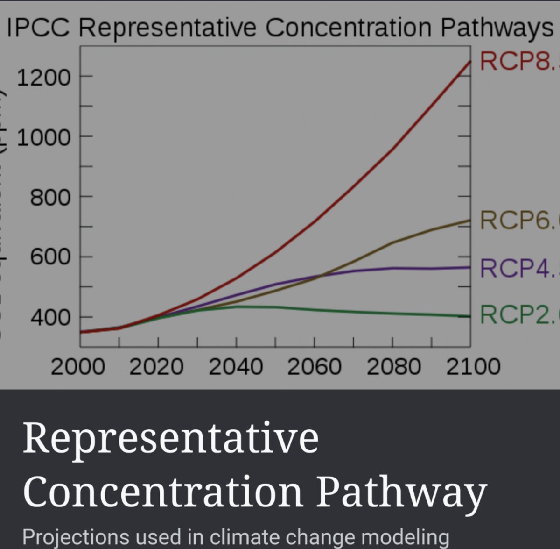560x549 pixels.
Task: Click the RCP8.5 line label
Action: [519, 61]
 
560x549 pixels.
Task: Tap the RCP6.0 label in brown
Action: [519, 220]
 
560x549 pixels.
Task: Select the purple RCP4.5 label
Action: [519, 268]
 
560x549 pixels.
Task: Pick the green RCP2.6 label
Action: [519, 314]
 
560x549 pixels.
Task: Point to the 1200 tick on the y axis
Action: [44, 77]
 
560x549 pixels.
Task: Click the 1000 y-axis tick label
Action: [44, 137]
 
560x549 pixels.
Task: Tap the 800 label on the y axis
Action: [50, 198]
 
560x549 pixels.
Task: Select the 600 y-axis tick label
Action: [50, 257]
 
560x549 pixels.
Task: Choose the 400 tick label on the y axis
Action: [50, 318]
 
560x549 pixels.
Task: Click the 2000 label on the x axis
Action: [78, 367]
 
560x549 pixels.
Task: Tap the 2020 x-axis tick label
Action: [156, 367]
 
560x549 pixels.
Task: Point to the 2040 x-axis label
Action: [236, 367]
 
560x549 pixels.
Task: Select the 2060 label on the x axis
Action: [314, 367]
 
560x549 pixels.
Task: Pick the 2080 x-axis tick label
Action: [393, 367]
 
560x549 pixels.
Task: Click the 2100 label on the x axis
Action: [473, 367]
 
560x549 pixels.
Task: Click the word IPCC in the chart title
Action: [38, 28]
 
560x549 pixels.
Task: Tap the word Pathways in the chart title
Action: [497, 28]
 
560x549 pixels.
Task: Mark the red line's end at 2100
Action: [469, 61]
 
